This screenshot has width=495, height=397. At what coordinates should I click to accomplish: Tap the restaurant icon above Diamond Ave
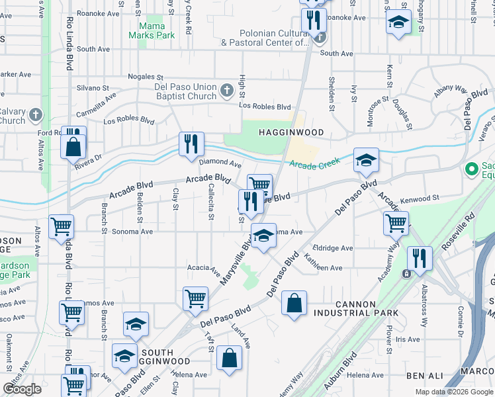tap(191, 143)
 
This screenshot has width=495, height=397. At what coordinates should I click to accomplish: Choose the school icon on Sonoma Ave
tap(263, 236)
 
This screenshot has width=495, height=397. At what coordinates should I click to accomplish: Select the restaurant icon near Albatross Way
tap(420, 259)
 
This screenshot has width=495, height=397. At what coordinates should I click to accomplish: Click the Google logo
tap(22, 389)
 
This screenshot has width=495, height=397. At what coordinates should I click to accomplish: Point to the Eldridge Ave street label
tap(333, 248)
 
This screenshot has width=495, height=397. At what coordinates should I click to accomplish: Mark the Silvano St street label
tap(93, 87)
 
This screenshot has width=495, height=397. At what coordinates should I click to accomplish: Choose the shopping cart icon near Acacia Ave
tap(195, 298)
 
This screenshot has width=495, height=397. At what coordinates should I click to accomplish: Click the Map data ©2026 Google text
tap(453, 392)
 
